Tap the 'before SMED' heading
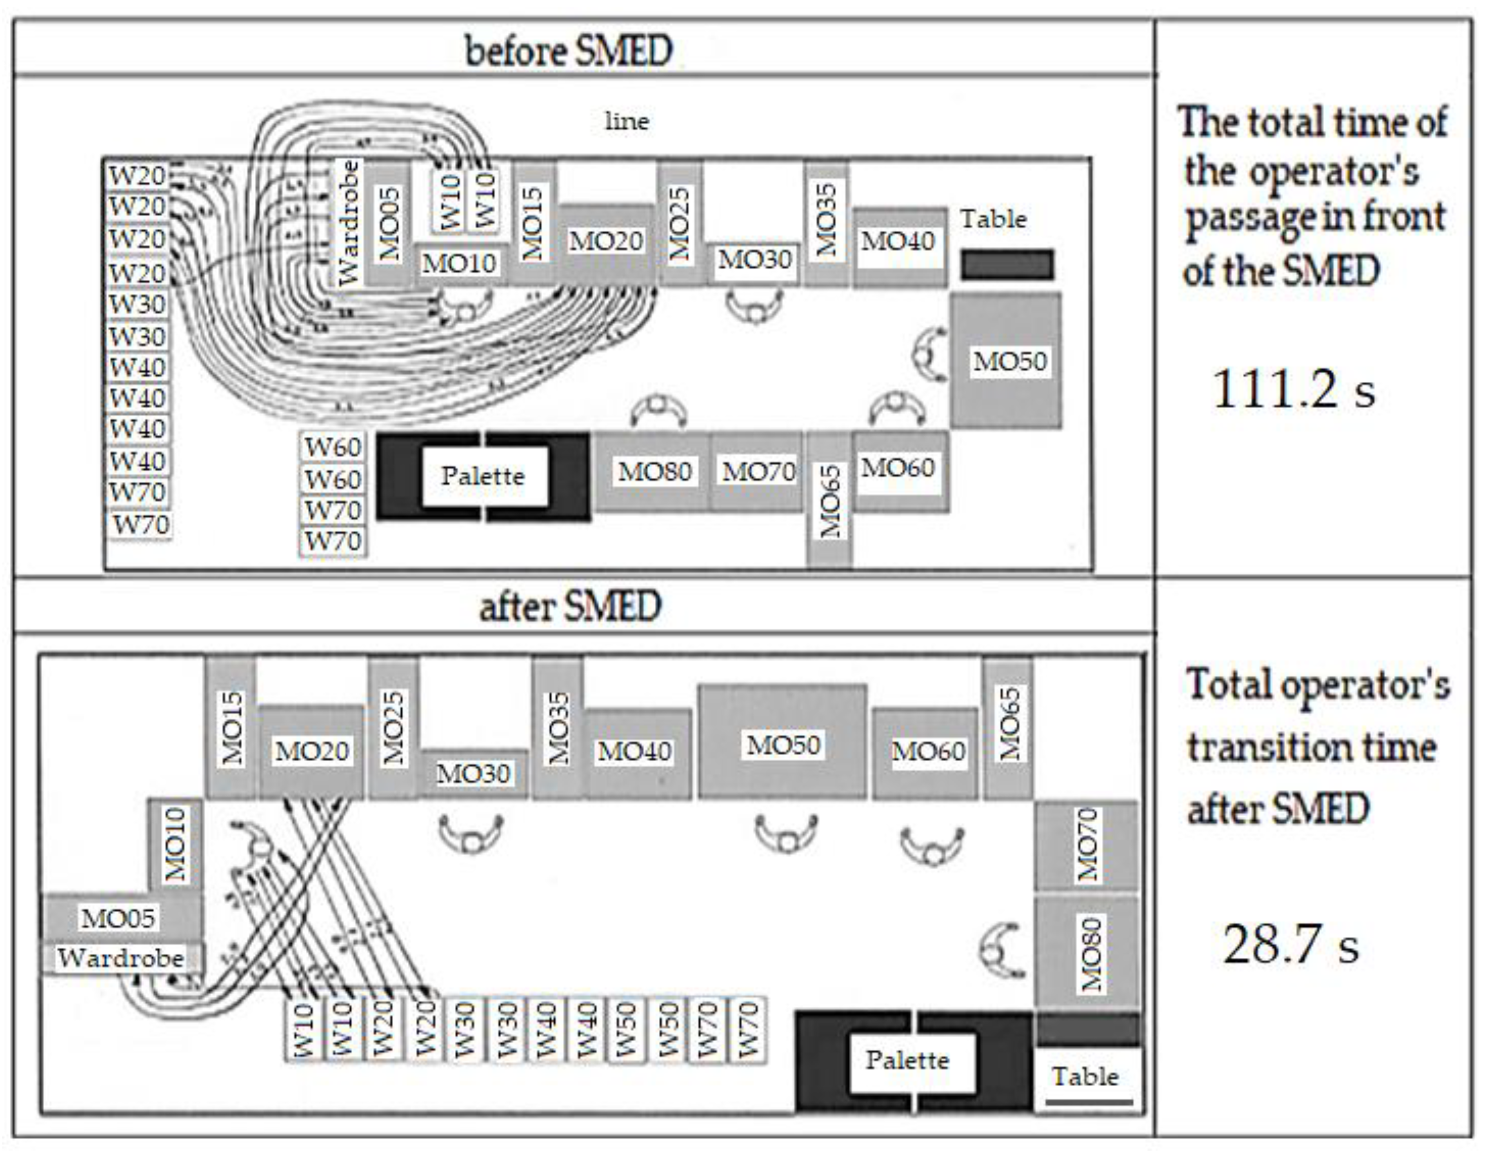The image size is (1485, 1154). click(x=569, y=51)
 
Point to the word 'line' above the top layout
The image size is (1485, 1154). click(x=627, y=122)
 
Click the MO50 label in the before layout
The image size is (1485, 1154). click(x=1009, y=361)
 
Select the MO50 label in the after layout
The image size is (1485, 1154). click(x=783, y=745)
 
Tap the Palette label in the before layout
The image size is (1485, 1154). click(x=483, y=475)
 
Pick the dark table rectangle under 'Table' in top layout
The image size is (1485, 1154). click(x=1007, y=265)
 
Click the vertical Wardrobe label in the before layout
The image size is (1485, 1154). click(x=348, y=223)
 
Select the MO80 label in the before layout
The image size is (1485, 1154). click(x=654, y=471)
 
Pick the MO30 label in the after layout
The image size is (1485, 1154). click(x=473, y=773)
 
